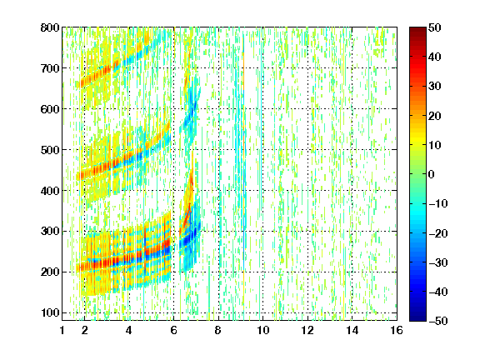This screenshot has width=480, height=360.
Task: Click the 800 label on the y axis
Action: pyautogui.click(x=50, y=27)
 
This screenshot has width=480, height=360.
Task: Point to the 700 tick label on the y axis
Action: pyautogui.click(x=50, y=68)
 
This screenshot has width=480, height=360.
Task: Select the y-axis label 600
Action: pyautogui.click(x=50, y=109)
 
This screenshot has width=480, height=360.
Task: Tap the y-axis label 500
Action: pyautogui.click(x=50, y=150)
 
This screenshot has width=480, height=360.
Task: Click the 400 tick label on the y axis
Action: pyautogui.click(x=50, y=191)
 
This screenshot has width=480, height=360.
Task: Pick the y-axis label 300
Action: pyautogui.click(x=50, y=232)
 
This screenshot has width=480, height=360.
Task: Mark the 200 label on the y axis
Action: pyautogui.click(x=50, y=272)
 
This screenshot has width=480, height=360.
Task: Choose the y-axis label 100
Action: pyautogui.click(x=50, y=312)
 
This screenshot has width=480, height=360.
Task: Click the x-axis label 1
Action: pyautogui.click(x=62, y=330)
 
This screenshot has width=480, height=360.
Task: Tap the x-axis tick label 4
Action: pyautogui.click(x=129, y=330)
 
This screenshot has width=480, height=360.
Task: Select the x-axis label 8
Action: pyautogui.click(x=218, y=330)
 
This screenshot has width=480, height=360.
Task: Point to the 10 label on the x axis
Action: pyautogui.click(x=263, y=330)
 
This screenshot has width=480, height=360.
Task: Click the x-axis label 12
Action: pyautogui.click(x=307, y=330)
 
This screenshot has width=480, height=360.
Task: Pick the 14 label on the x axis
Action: pyautogui.click(x=352, y=330)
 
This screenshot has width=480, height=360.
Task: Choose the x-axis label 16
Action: pyautogui.click(x=397, y=330)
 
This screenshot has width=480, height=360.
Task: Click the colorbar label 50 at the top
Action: pyautogui.click(x=435, y=27)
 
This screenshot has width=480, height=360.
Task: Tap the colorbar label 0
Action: pyautogui.click(x=432, y=174)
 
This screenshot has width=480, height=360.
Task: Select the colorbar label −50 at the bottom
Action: pyautogui.click(x=438, y=321)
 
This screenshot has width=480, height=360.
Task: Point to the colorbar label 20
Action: pyautogui.click(x=435, y=116)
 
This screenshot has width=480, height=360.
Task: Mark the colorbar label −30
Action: pyautogui.click(x=438, y=262)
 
